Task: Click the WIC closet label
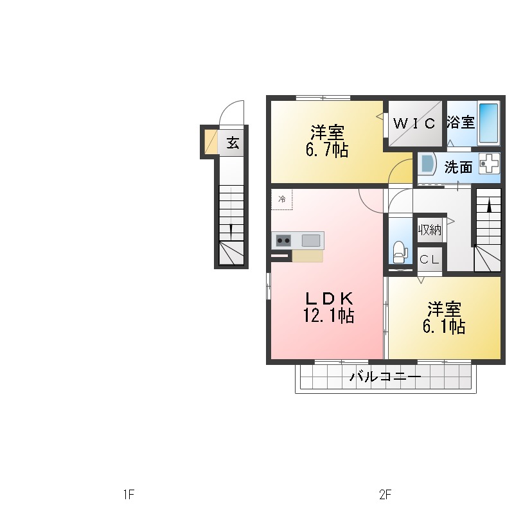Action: pyautogui.click(x=414, y=122)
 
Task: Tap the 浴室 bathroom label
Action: pyautogui.click(x=461, y=121)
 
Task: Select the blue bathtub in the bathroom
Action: pyautogui.click(x=489, y=123)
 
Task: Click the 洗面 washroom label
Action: pyautogui.click(x=458, y=167)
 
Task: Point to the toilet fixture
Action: pyautogui.click(x=399, y=251)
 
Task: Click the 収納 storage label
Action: pyautogui.click(x=430, y=229)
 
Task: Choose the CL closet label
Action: pyautogui.click(x=429, y=260)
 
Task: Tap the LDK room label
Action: pyautogui.click(x=328, y=299)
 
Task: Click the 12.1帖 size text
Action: pyautogui.click(x=328, y=316)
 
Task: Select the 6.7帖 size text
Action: pyautogui.click(x=327, y=151)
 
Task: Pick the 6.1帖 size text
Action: pyautogui.click(x=444, y=326)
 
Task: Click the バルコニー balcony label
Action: pyautogui.click(x=385, y=377)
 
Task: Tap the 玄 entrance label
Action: pyautogui.click(x=233, y=143)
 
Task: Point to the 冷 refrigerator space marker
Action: pyautogui.click(x=281, y=199)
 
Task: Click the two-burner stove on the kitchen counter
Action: pyautogui.click(x=283, y=240)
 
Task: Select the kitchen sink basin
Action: pyautogui.click(x=311, y=240)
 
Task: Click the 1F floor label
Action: pyautogui.click(x=128, y=495)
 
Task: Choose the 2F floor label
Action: pyautogui.click(x=385, y=495)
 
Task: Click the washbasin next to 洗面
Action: pyautogui.click(x=427, y=164)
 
